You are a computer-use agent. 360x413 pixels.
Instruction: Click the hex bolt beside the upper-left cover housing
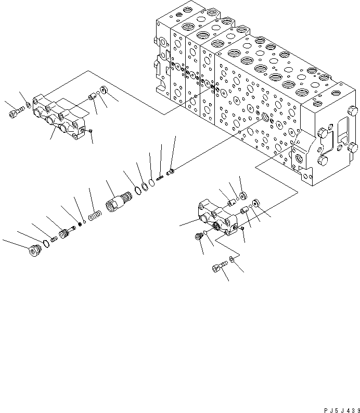tap(15, 112)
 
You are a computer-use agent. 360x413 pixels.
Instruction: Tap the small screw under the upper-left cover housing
tap(91, 130)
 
